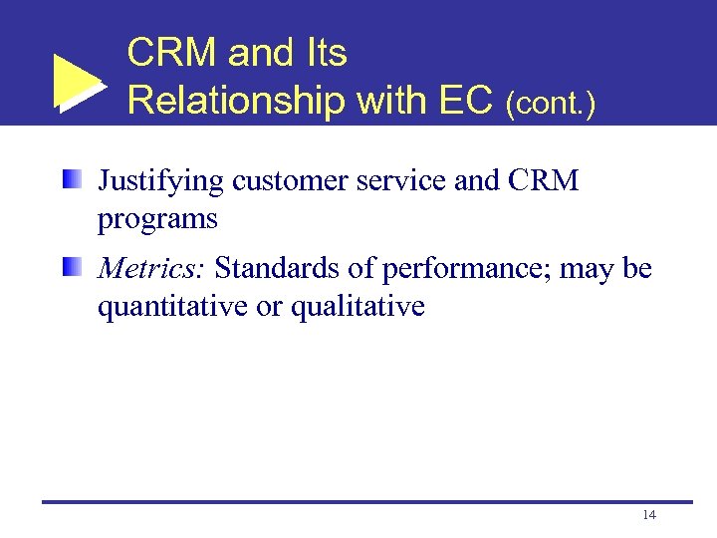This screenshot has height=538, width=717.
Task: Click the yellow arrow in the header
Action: [x=78, y=82]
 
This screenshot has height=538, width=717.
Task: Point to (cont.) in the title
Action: [x=551, y=104]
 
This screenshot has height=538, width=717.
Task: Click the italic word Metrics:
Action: [x=151, y=268]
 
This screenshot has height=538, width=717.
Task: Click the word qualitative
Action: [x=358, y=308]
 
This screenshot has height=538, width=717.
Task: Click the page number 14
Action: [x=649, y=515]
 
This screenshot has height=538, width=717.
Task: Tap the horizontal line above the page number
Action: [x=366, y=501]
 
